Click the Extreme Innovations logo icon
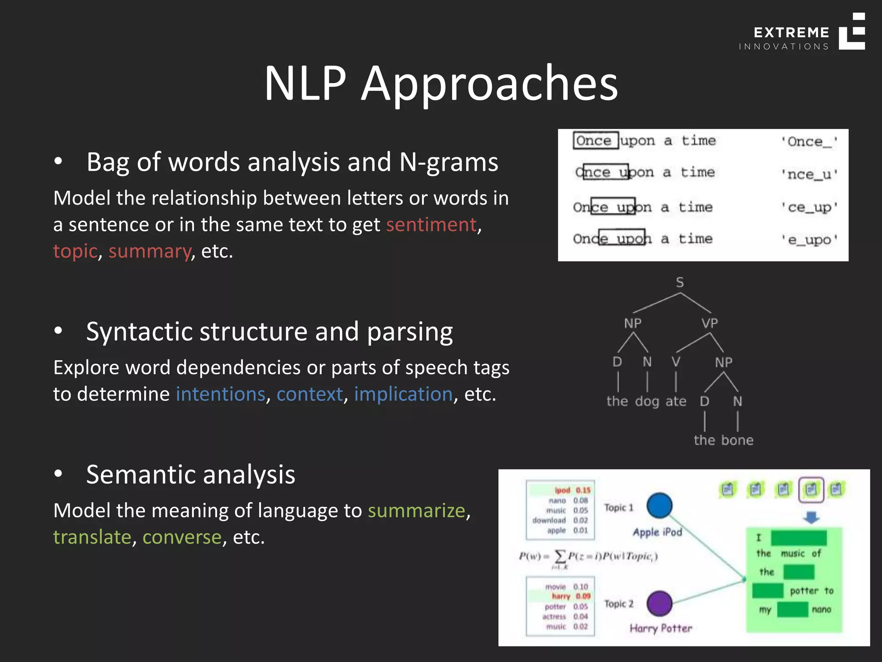tap(852, 31)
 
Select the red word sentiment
tap(431, 225)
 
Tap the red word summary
tap(149, 251)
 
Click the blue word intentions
tap(220, 394)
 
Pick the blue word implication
tap(403, 394)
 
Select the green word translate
tap(92, 537)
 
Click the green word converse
tap(182, 537)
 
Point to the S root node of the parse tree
tap(680, 283)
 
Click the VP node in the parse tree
tap(709, 323)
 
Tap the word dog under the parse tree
tap(647, 401)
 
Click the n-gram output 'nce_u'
tap(809, 174)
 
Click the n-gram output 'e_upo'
tap(809, 240)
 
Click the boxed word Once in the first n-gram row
tap(595, 141)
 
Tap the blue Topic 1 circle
tap(659, 506)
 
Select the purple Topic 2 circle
tap(659, 603)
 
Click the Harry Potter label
tap(661, 628)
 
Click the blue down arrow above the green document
tap(811, 517)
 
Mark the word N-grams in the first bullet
tap(448, 162)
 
